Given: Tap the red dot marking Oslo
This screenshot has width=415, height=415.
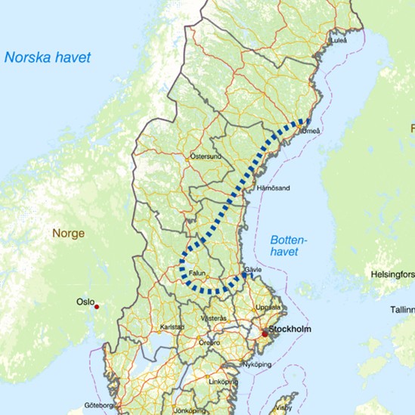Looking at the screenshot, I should (96, 307).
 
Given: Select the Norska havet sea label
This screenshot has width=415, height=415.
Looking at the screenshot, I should (47, 57).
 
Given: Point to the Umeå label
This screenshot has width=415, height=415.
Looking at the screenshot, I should (311, 132).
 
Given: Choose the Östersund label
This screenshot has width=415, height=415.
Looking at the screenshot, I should (205, 157).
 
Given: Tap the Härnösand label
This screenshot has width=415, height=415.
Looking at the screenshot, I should (274, 187).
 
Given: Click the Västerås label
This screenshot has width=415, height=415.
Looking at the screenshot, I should (213, 318).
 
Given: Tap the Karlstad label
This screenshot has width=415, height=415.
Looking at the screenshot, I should (172, 327).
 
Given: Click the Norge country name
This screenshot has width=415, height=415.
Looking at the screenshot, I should (68, 234).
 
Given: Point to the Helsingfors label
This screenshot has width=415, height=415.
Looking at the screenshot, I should (392, 274).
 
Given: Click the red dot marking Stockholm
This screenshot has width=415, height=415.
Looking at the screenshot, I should (265, 333).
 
